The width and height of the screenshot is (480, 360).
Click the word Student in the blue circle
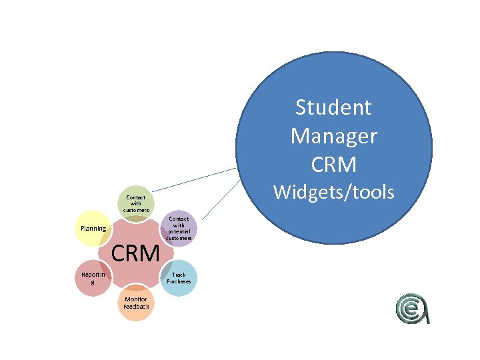333,107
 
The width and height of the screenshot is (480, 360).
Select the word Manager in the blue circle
333,135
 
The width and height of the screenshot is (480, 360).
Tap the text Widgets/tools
333,193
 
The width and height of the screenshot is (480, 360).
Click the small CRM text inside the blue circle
333,164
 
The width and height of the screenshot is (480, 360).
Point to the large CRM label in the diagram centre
136,253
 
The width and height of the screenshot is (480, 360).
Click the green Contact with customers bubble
135,203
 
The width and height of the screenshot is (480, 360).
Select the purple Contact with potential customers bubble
179,228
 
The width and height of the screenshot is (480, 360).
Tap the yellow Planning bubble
93,229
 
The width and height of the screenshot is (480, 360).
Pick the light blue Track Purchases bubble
179,277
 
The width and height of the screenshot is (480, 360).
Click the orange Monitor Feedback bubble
136,303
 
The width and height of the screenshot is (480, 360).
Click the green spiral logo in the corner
413,309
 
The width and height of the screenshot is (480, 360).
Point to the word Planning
93,229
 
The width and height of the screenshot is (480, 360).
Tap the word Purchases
179,281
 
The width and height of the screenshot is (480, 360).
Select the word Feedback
136,307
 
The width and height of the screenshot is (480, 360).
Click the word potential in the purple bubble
179,231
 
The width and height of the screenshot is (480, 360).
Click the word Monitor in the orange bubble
136,299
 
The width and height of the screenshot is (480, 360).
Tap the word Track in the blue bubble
179,274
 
